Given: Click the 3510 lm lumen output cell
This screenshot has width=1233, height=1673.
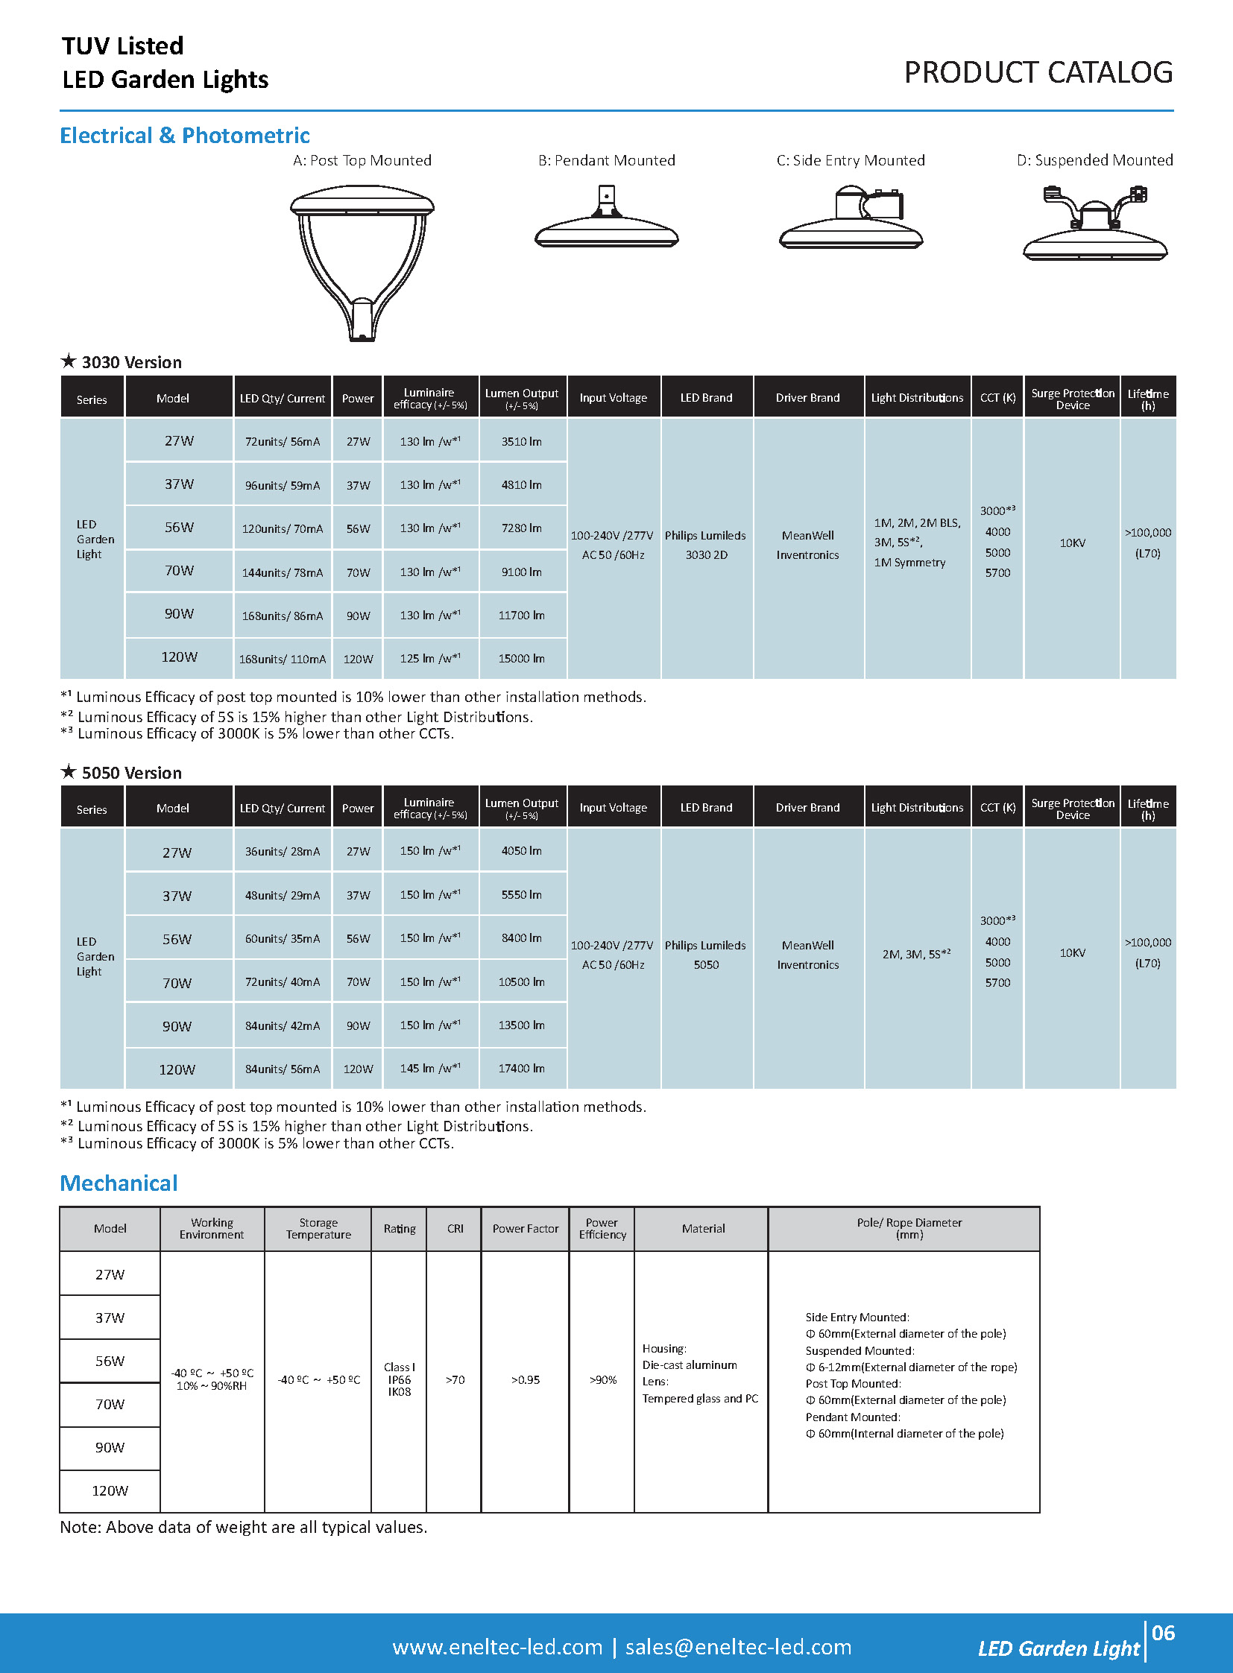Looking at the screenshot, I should pos(522,442).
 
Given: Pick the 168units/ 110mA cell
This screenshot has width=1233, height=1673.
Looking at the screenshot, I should pos(282,659).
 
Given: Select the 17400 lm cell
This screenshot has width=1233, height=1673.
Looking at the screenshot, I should pos(522,1069).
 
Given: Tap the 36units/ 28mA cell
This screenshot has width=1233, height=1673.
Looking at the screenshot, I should pos(282,852).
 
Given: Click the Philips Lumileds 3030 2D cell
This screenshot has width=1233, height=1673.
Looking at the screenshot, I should pos(705,545).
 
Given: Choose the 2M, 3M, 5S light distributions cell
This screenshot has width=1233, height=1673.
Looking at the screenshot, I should pos(915,955).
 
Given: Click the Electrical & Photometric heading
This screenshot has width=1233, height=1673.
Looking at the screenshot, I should pos(184,136).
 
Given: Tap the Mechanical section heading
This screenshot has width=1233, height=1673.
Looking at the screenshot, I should pos(119,1183).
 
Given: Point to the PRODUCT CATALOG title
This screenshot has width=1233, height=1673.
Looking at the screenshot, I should pos(1038,73).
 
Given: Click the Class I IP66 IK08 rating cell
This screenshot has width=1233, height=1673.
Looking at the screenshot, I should pos(400,1379).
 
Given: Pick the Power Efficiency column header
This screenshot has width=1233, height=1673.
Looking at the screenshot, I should pos(602,1228).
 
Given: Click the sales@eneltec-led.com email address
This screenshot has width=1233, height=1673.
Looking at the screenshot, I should pos(738,1647).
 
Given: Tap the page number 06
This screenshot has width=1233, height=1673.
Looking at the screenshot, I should pos(1163,1634).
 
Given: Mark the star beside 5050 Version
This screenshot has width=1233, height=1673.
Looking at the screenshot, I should pos(69,771).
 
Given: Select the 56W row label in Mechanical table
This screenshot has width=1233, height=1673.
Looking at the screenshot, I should pos(110,1361).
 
